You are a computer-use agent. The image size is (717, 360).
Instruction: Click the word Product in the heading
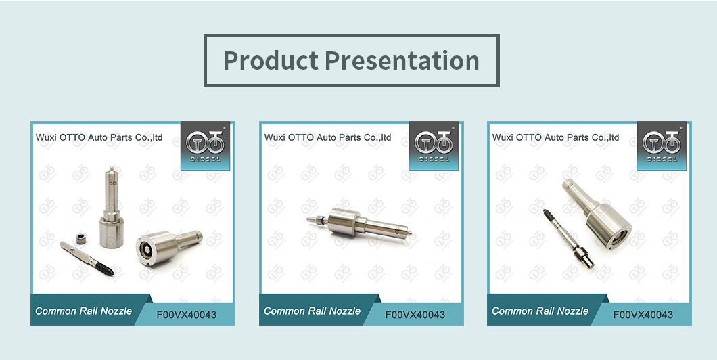point(271,61)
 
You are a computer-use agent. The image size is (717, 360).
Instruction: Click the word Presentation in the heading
point(402,61)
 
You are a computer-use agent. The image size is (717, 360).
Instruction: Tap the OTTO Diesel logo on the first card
point(206,146)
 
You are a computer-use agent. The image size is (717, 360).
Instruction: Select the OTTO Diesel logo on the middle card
point(434,146)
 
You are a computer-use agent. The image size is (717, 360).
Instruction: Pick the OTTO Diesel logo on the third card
point(662,146)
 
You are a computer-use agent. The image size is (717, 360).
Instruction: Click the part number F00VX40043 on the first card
point(187,315)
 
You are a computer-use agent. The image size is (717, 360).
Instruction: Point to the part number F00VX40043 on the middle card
point(415,315)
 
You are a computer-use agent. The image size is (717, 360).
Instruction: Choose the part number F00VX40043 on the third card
point(643,315)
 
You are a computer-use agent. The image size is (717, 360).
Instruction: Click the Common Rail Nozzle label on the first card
point(84,311)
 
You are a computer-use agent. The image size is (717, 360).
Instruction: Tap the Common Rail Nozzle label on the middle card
point(313,311)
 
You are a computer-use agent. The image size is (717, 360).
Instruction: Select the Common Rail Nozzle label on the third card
point(540,311)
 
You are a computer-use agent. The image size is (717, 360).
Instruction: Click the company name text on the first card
point(99,137)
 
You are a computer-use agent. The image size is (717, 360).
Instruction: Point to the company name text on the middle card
point(328,137)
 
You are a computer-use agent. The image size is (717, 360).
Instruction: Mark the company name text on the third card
point(555,137)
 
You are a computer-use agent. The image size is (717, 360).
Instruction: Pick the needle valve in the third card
point(568,238)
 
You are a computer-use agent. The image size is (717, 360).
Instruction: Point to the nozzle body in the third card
point(597,212)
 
